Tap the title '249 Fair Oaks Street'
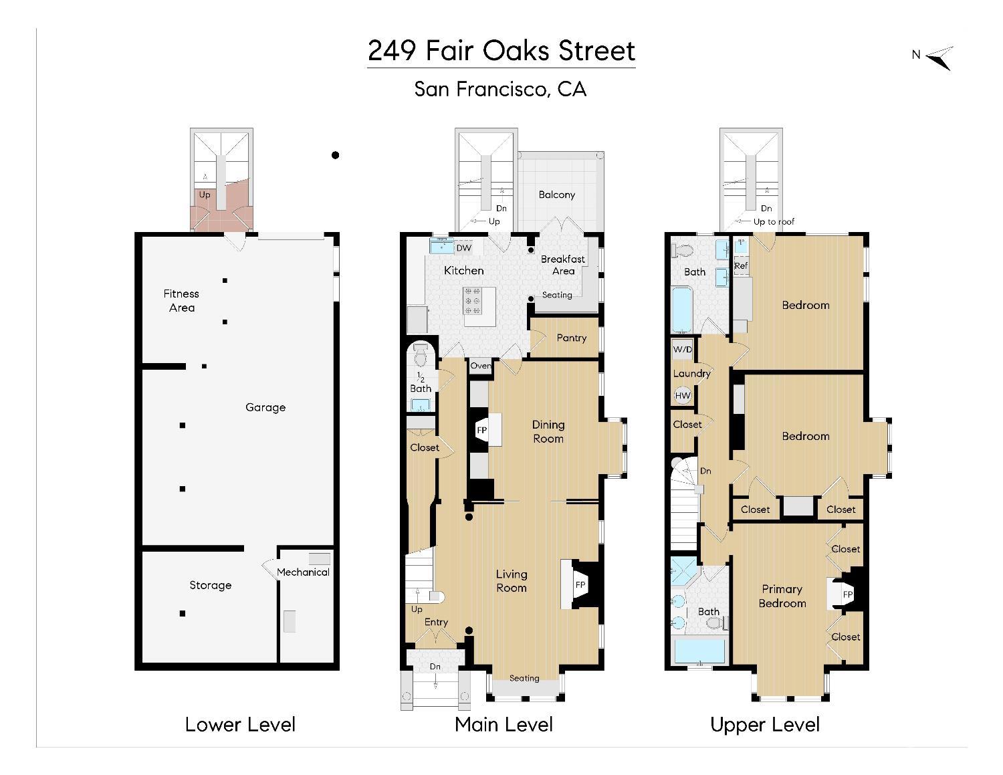pyautogui.click(x=501, y=51)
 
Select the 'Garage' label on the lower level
pyautogui.click(x=265, y=407)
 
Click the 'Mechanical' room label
pyautogui.click(x=303, y=572)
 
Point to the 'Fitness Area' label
pyautogui.click(x=181, y=300)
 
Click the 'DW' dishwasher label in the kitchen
pyautogui.click(x=463, y=248)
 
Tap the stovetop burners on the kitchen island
pyautogui.click(x=472, y=301)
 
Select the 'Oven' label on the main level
pyautogui.click(x=480, y=366)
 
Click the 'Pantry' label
pyautogui.click(x=571, y=338)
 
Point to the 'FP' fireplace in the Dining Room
pyautogui.click(x=481, y=430)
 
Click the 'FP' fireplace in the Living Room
pyautogui.click(x=580, y=585)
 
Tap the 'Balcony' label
pyautogui.click(x=556, y=195)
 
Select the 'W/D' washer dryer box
pyautogui.click(x=682, y=350)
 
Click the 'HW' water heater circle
pyautogui.click(x=682, y=396)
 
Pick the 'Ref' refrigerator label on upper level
pyautogui.click(x=740, y=265)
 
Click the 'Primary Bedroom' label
pyautogui.click(x=782, y=596)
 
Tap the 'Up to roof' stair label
pyautogui.click(x=774, y=221)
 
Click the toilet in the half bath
pyautogui.click(x=421, y=355)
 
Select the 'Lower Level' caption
pyautogui.click(x=240, y=724)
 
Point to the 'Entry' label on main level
pyautogui.click(x=436, y=622)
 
